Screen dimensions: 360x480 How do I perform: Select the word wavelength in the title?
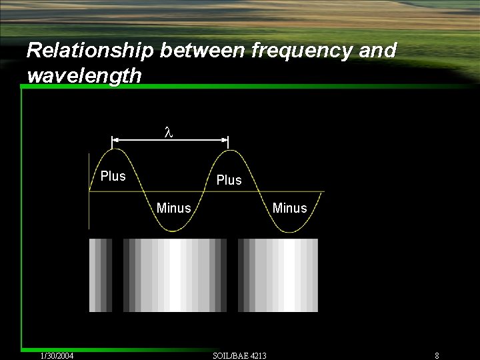pos(85,75)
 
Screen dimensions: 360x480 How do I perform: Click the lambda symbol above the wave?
pos(169,132)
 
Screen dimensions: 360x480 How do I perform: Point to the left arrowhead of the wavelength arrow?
pos(114,140)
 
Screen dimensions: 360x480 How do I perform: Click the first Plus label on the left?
pos(113,177)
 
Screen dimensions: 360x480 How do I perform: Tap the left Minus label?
pos(173,209)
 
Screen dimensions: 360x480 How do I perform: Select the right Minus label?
pos(289,209)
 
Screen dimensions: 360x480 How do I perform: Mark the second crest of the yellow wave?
pos(229,150)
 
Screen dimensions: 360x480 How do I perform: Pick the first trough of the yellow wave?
pos(173,231)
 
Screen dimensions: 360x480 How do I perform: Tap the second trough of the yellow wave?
pos(287,231)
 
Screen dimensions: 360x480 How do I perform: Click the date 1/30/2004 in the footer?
pos(57,356)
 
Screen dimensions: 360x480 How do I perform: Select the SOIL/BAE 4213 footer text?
pos(239,356)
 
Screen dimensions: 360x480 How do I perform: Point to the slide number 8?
pos(437,356)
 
